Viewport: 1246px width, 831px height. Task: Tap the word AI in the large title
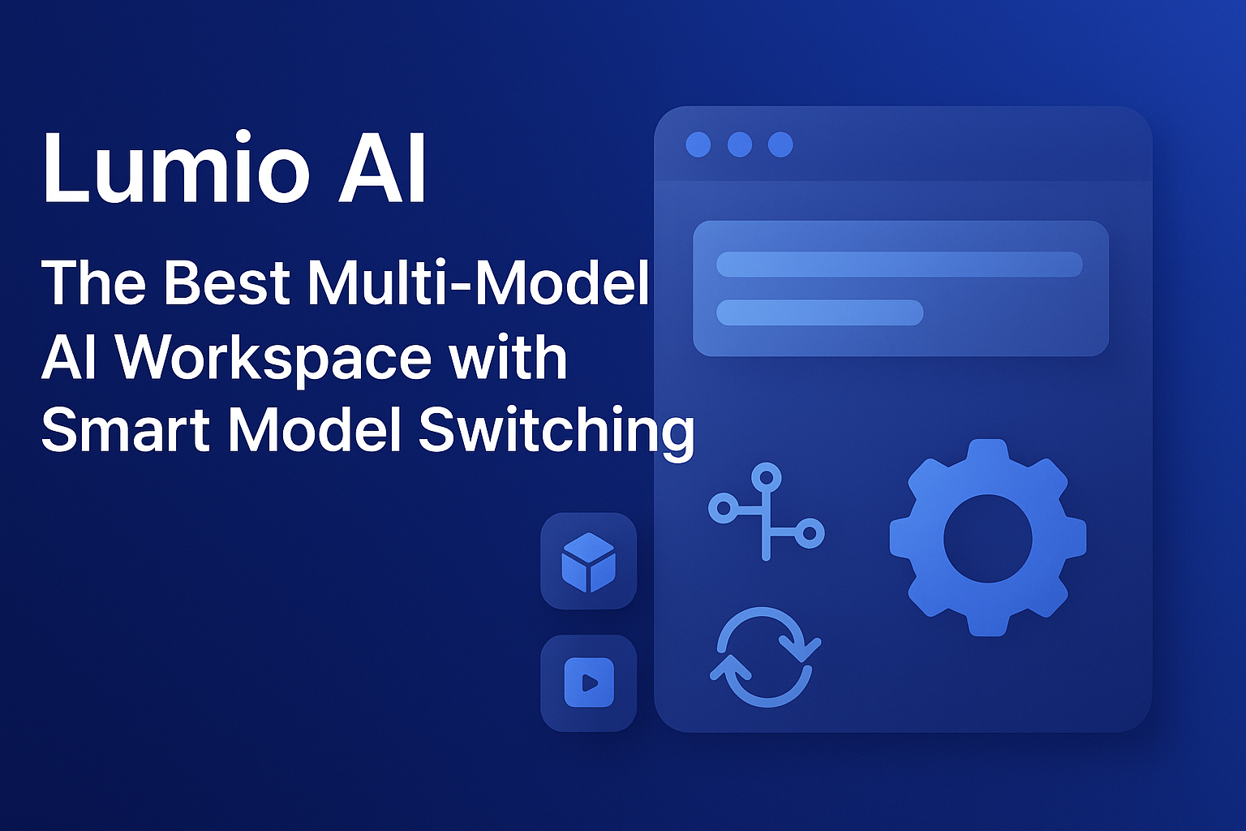click(x=381, y=169)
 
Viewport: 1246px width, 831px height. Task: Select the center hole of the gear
click(x=987, y=539)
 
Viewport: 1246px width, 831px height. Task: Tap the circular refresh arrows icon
click(x=765, y=657)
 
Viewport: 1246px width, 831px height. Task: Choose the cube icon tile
click(x=588, y=562)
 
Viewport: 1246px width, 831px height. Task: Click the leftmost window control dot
click(x=698, y=145)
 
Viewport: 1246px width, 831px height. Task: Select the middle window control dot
click(x=739, y=145)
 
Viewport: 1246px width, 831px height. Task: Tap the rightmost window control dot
click(x=780, y=145)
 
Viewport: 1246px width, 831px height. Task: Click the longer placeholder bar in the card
click(x=899, y=265)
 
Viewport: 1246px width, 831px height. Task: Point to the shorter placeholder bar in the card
click(x=819, y=312)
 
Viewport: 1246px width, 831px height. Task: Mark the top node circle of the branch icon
click(x=766, y=476)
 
